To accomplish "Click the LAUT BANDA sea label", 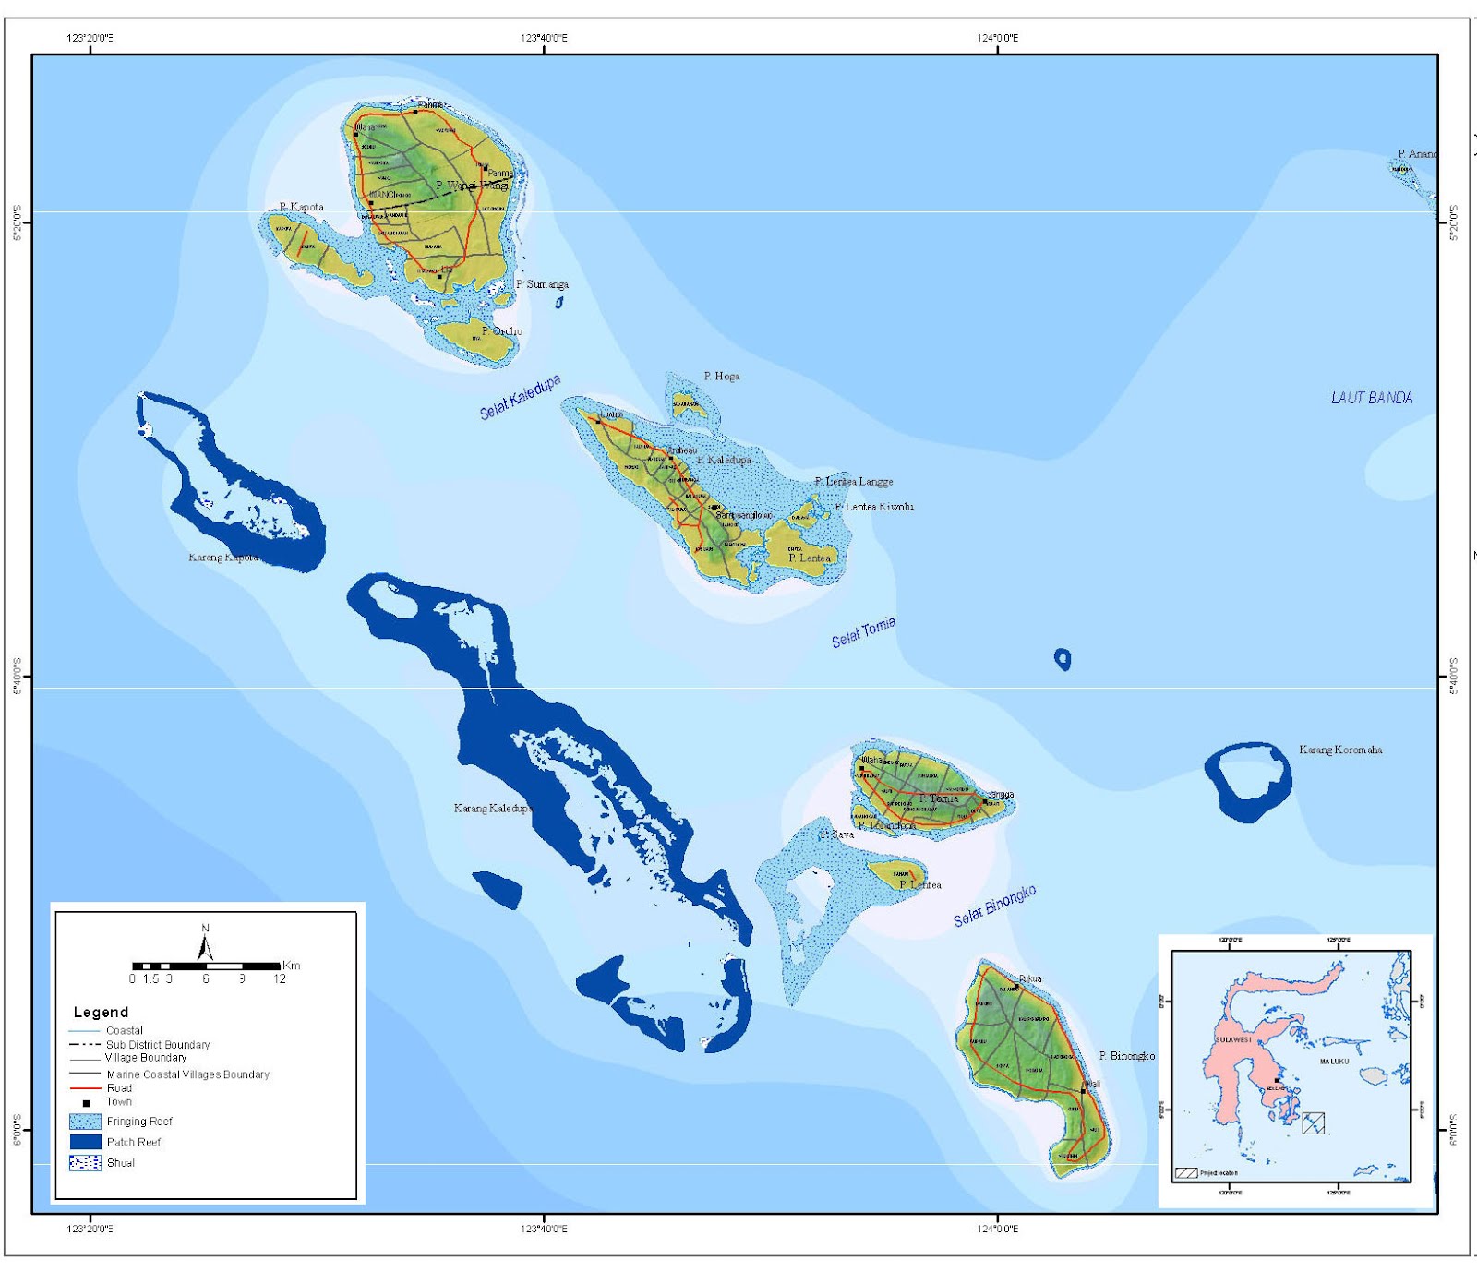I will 1371,398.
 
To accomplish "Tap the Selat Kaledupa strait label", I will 520,397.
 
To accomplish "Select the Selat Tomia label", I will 863,633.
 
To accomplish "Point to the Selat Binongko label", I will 994,906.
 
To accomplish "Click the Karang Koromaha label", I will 1340,750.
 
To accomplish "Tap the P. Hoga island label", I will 721,376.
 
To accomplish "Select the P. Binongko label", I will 1126,1055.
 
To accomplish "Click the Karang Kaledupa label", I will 493,808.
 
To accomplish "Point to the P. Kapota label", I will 302,207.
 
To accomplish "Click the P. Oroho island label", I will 501,330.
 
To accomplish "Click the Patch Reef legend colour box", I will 85,1142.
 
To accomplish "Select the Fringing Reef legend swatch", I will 85,1122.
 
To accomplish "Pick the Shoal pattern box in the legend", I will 85,1163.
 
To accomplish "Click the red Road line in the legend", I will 85,1088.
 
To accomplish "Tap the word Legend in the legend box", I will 101,1012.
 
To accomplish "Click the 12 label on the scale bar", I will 280,978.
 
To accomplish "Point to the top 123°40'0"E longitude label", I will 544,38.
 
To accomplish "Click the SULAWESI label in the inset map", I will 1233,1039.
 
